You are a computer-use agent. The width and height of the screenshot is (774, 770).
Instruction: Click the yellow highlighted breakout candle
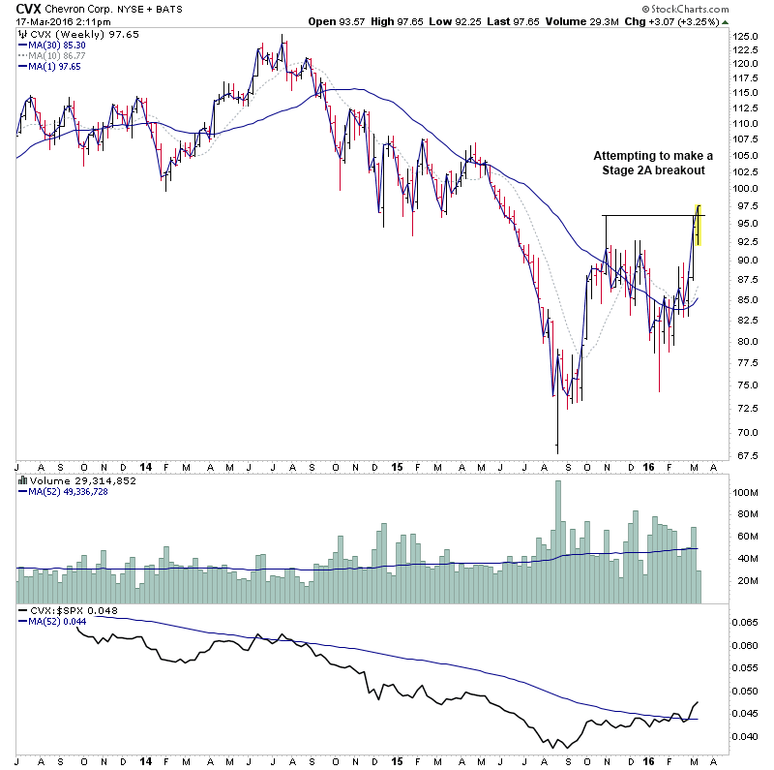click(x=699, y=224)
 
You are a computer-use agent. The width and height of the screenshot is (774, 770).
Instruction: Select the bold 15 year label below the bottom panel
click(x=397, y=762)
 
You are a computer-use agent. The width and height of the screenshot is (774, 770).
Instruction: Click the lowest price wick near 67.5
click(x=557, y=447)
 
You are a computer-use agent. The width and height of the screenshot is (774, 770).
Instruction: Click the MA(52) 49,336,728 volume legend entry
click(x=67, y=491)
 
